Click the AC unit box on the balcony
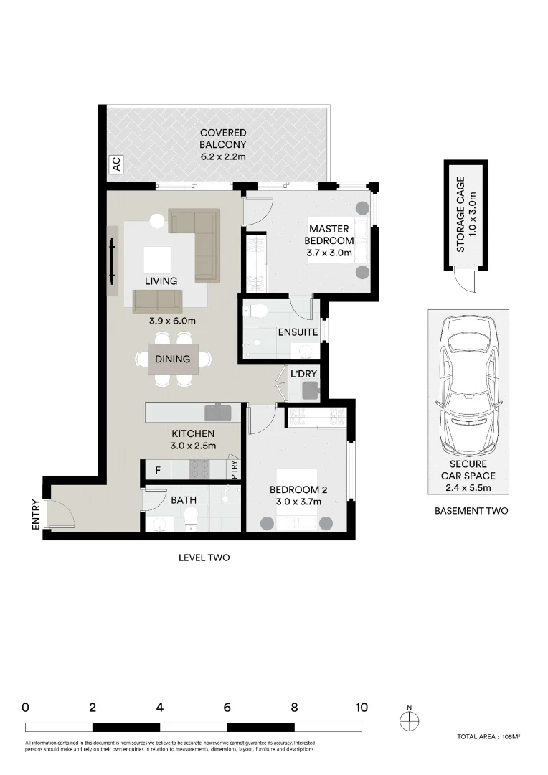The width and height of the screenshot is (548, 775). tap(116, 165)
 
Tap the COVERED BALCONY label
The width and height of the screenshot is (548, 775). tap(223, 144)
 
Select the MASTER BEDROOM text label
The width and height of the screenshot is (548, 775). tap(329, 235)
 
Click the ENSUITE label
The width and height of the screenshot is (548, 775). tap(298, 333)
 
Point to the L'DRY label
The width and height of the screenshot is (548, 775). tap(303, 374)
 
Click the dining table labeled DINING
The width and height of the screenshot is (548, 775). tap(173, 360)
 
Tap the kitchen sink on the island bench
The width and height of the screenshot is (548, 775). tap(216, 412)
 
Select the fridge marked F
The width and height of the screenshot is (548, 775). tap(158, 471)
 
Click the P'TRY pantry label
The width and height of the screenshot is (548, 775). tap(235, 469)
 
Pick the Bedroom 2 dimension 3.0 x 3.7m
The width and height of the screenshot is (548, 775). tap(298, 502)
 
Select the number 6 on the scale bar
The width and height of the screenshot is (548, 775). tap(227, 708)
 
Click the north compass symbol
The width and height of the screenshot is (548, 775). tap(409, 722)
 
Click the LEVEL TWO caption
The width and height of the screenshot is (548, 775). tap(204, 558)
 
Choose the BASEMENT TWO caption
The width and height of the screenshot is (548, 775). tap(471, 511)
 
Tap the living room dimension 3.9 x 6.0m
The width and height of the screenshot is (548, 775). tap(172, 321)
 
